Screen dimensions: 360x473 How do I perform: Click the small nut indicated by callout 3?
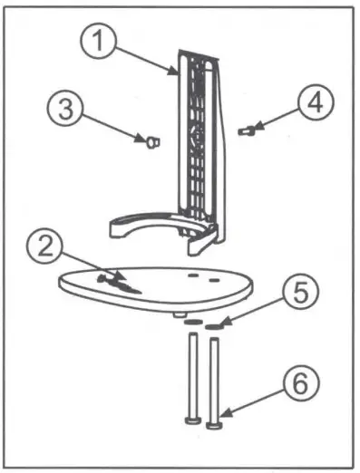coord(151,141)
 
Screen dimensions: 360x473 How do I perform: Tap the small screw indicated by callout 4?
coord(243,132)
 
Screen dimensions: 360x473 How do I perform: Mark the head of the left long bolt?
coord(192,420)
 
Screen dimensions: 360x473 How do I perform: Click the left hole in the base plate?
coord(193,270)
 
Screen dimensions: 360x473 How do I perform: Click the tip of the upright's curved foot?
coord(112,229)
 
